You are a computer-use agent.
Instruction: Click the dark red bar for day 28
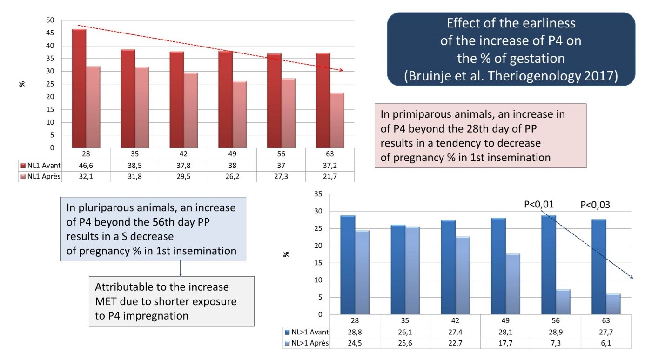79,88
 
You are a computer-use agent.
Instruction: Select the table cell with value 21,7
329,176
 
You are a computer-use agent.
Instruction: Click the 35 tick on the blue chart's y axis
318,194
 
